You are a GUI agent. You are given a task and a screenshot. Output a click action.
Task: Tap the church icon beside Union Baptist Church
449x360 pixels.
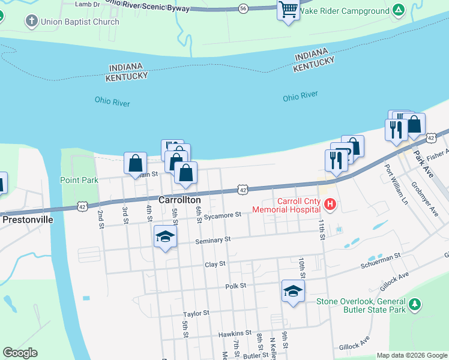click(x=31, y=22)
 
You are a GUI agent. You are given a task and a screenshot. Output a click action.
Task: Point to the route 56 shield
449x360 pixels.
click(x=243, y=8)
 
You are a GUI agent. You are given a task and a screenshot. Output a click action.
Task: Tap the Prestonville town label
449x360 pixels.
click(x=28, y=220)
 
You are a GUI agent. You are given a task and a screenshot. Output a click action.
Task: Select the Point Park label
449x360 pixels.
click(x=79, y=179)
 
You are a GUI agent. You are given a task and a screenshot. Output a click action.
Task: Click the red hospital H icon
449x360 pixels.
click(x=330, y=205)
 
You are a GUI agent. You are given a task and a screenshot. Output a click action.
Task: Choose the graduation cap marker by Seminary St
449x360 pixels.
click(x=165, y=236)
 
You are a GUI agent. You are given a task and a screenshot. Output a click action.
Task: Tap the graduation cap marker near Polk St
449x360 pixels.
click(x=292, y=291)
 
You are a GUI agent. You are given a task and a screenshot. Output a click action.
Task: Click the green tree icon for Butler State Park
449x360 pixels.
click(x=414, y=305)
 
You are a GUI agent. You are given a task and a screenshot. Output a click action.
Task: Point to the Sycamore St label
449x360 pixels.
click(x=222, y=214)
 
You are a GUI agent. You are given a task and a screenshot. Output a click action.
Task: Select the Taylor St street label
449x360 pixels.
click(x=196, y=313)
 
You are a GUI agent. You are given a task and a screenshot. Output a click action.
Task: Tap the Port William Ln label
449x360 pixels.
click(x=396, y=184)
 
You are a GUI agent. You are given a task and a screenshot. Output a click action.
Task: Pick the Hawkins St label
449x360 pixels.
click(x=235, y=333)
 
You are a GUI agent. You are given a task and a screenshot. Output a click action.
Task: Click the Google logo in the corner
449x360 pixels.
click(x=20, y=353)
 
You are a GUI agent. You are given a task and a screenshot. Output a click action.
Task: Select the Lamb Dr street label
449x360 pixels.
click(x=87, y=4)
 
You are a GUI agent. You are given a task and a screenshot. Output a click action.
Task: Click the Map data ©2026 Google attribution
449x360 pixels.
click(x=411, y=355)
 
